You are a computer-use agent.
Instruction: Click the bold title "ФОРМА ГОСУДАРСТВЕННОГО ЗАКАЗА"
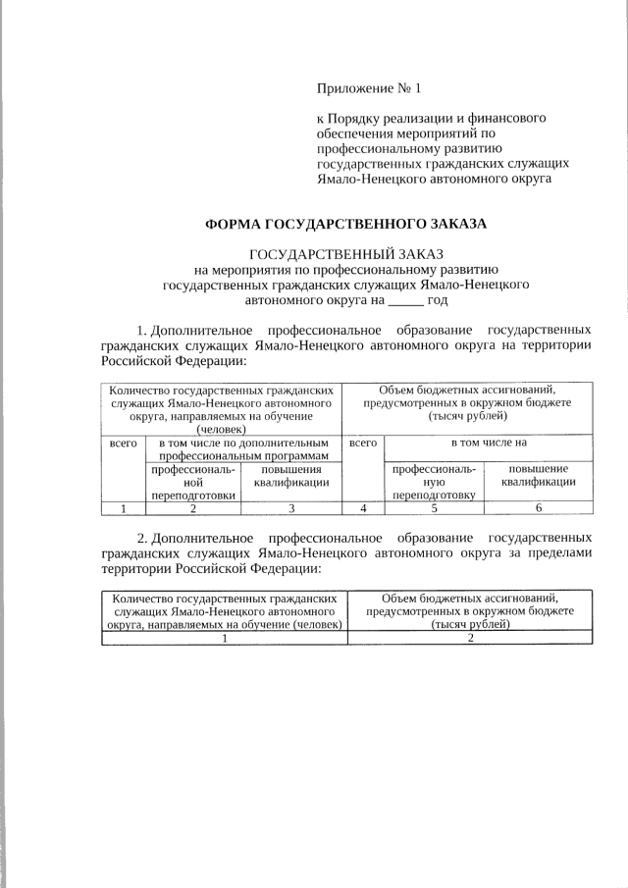tap(345, 225)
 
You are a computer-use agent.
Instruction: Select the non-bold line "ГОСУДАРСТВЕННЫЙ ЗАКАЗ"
tap(347, 255)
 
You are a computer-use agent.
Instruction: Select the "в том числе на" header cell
tap(489, 444)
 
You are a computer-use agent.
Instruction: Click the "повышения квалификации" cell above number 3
tap(290, 476)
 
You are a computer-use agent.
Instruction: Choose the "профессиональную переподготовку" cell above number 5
tap(434, 482)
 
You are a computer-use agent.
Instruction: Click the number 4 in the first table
tap(363, 508)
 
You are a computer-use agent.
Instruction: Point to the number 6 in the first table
tap(539, 508)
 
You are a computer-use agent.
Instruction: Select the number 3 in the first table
tap(290, 508)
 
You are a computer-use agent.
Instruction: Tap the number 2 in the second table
tap(470, 638)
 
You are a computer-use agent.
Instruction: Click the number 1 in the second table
tap(224, 638)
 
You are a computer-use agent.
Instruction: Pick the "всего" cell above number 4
tap(363, 444)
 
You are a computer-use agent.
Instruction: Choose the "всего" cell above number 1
tap(123, 444)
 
